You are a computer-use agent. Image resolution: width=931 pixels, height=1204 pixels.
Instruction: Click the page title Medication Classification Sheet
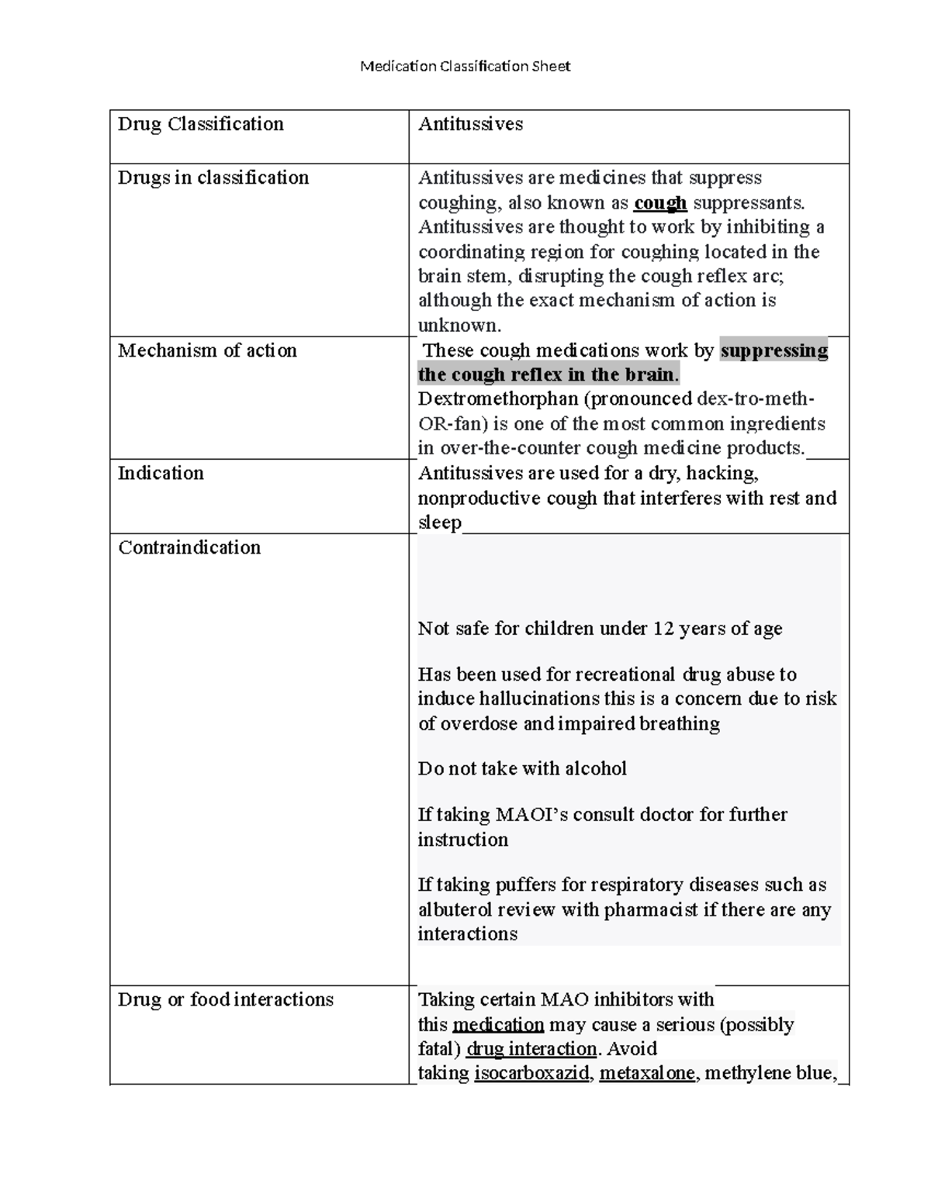[465, 66]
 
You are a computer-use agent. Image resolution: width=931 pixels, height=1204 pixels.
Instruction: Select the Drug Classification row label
[201, 124]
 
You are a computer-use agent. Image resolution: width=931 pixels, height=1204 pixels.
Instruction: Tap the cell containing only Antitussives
[470, 124]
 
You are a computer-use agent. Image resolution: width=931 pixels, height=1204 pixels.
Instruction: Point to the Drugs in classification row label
[213, 178]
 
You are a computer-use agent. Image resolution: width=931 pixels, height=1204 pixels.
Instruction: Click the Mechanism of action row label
[207, 350]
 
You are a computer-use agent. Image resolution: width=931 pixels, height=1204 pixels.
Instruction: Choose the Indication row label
[161, 473]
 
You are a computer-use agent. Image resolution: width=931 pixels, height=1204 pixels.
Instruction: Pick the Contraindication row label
[189, 547]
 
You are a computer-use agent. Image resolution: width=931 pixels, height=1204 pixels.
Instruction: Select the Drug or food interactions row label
[226, 999]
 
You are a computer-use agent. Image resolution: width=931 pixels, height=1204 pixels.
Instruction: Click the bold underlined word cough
[660, 203]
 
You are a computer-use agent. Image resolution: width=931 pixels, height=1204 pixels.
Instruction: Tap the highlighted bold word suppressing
[774, 350]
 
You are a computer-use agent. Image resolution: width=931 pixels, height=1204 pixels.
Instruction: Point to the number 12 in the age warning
[663, 629]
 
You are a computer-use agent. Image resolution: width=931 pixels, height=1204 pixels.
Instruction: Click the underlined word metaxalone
[647, 1074]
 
